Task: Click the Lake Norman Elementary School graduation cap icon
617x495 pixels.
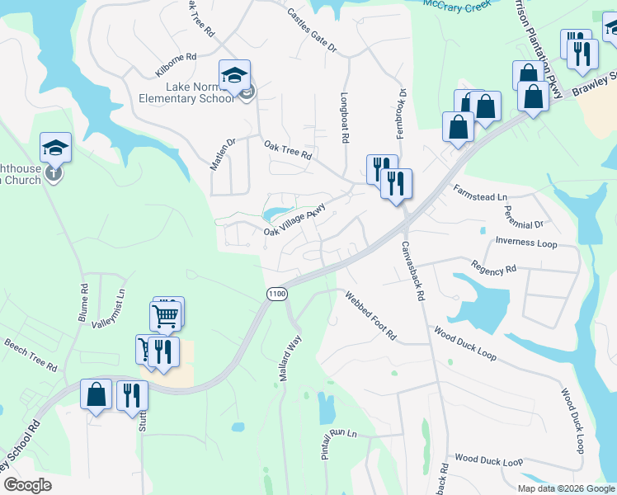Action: click(x=235, y=75)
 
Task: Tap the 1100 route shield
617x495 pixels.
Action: click(x=277, y=295)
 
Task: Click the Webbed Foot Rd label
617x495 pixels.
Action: click(x=370, y=316)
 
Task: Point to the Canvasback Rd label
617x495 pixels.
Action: click(x=412, y=271)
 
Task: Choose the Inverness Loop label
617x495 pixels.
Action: click(x=526, y=243)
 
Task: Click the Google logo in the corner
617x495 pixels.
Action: click(x=26, y=485)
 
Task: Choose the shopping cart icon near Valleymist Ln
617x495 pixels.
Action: click(x=165, y=315)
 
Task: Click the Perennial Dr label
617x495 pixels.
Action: click(x=524, y=218)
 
